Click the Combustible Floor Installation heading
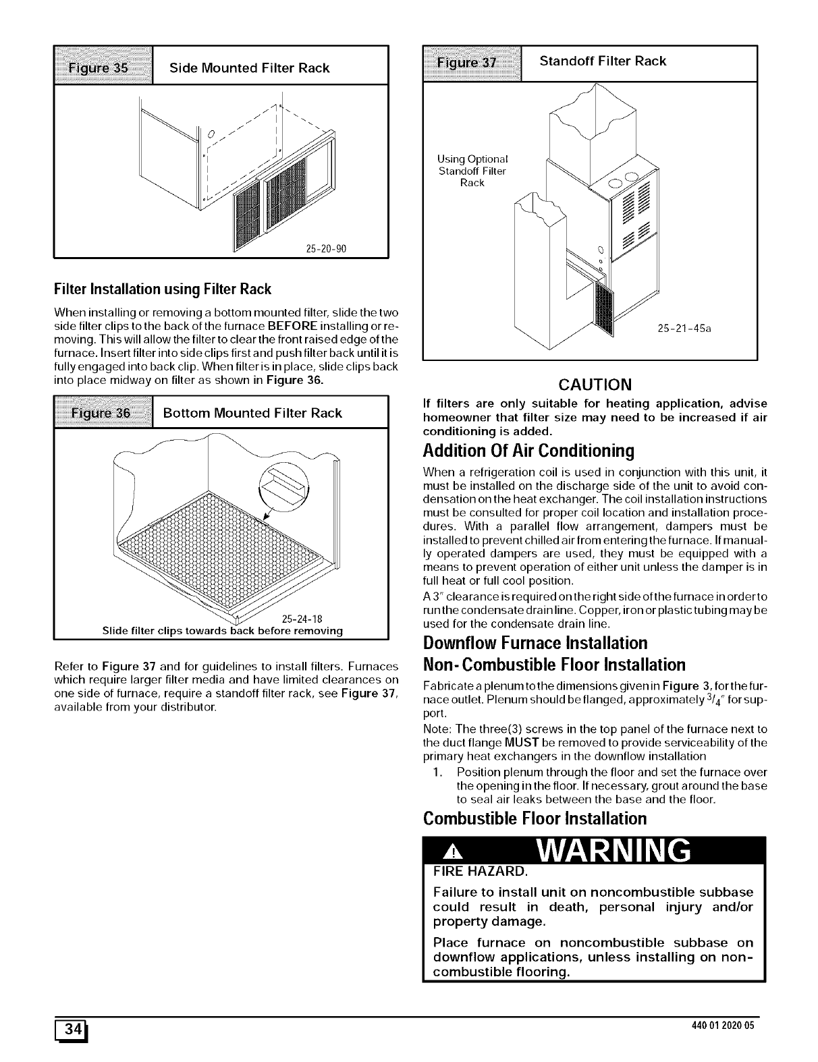(x=535, y=818)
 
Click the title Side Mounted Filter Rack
(x=250, y=67)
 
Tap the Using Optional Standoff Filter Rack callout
(x=472, y=171)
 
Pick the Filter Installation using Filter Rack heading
(x=162, y=289)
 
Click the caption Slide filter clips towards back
(x=222, y=631)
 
